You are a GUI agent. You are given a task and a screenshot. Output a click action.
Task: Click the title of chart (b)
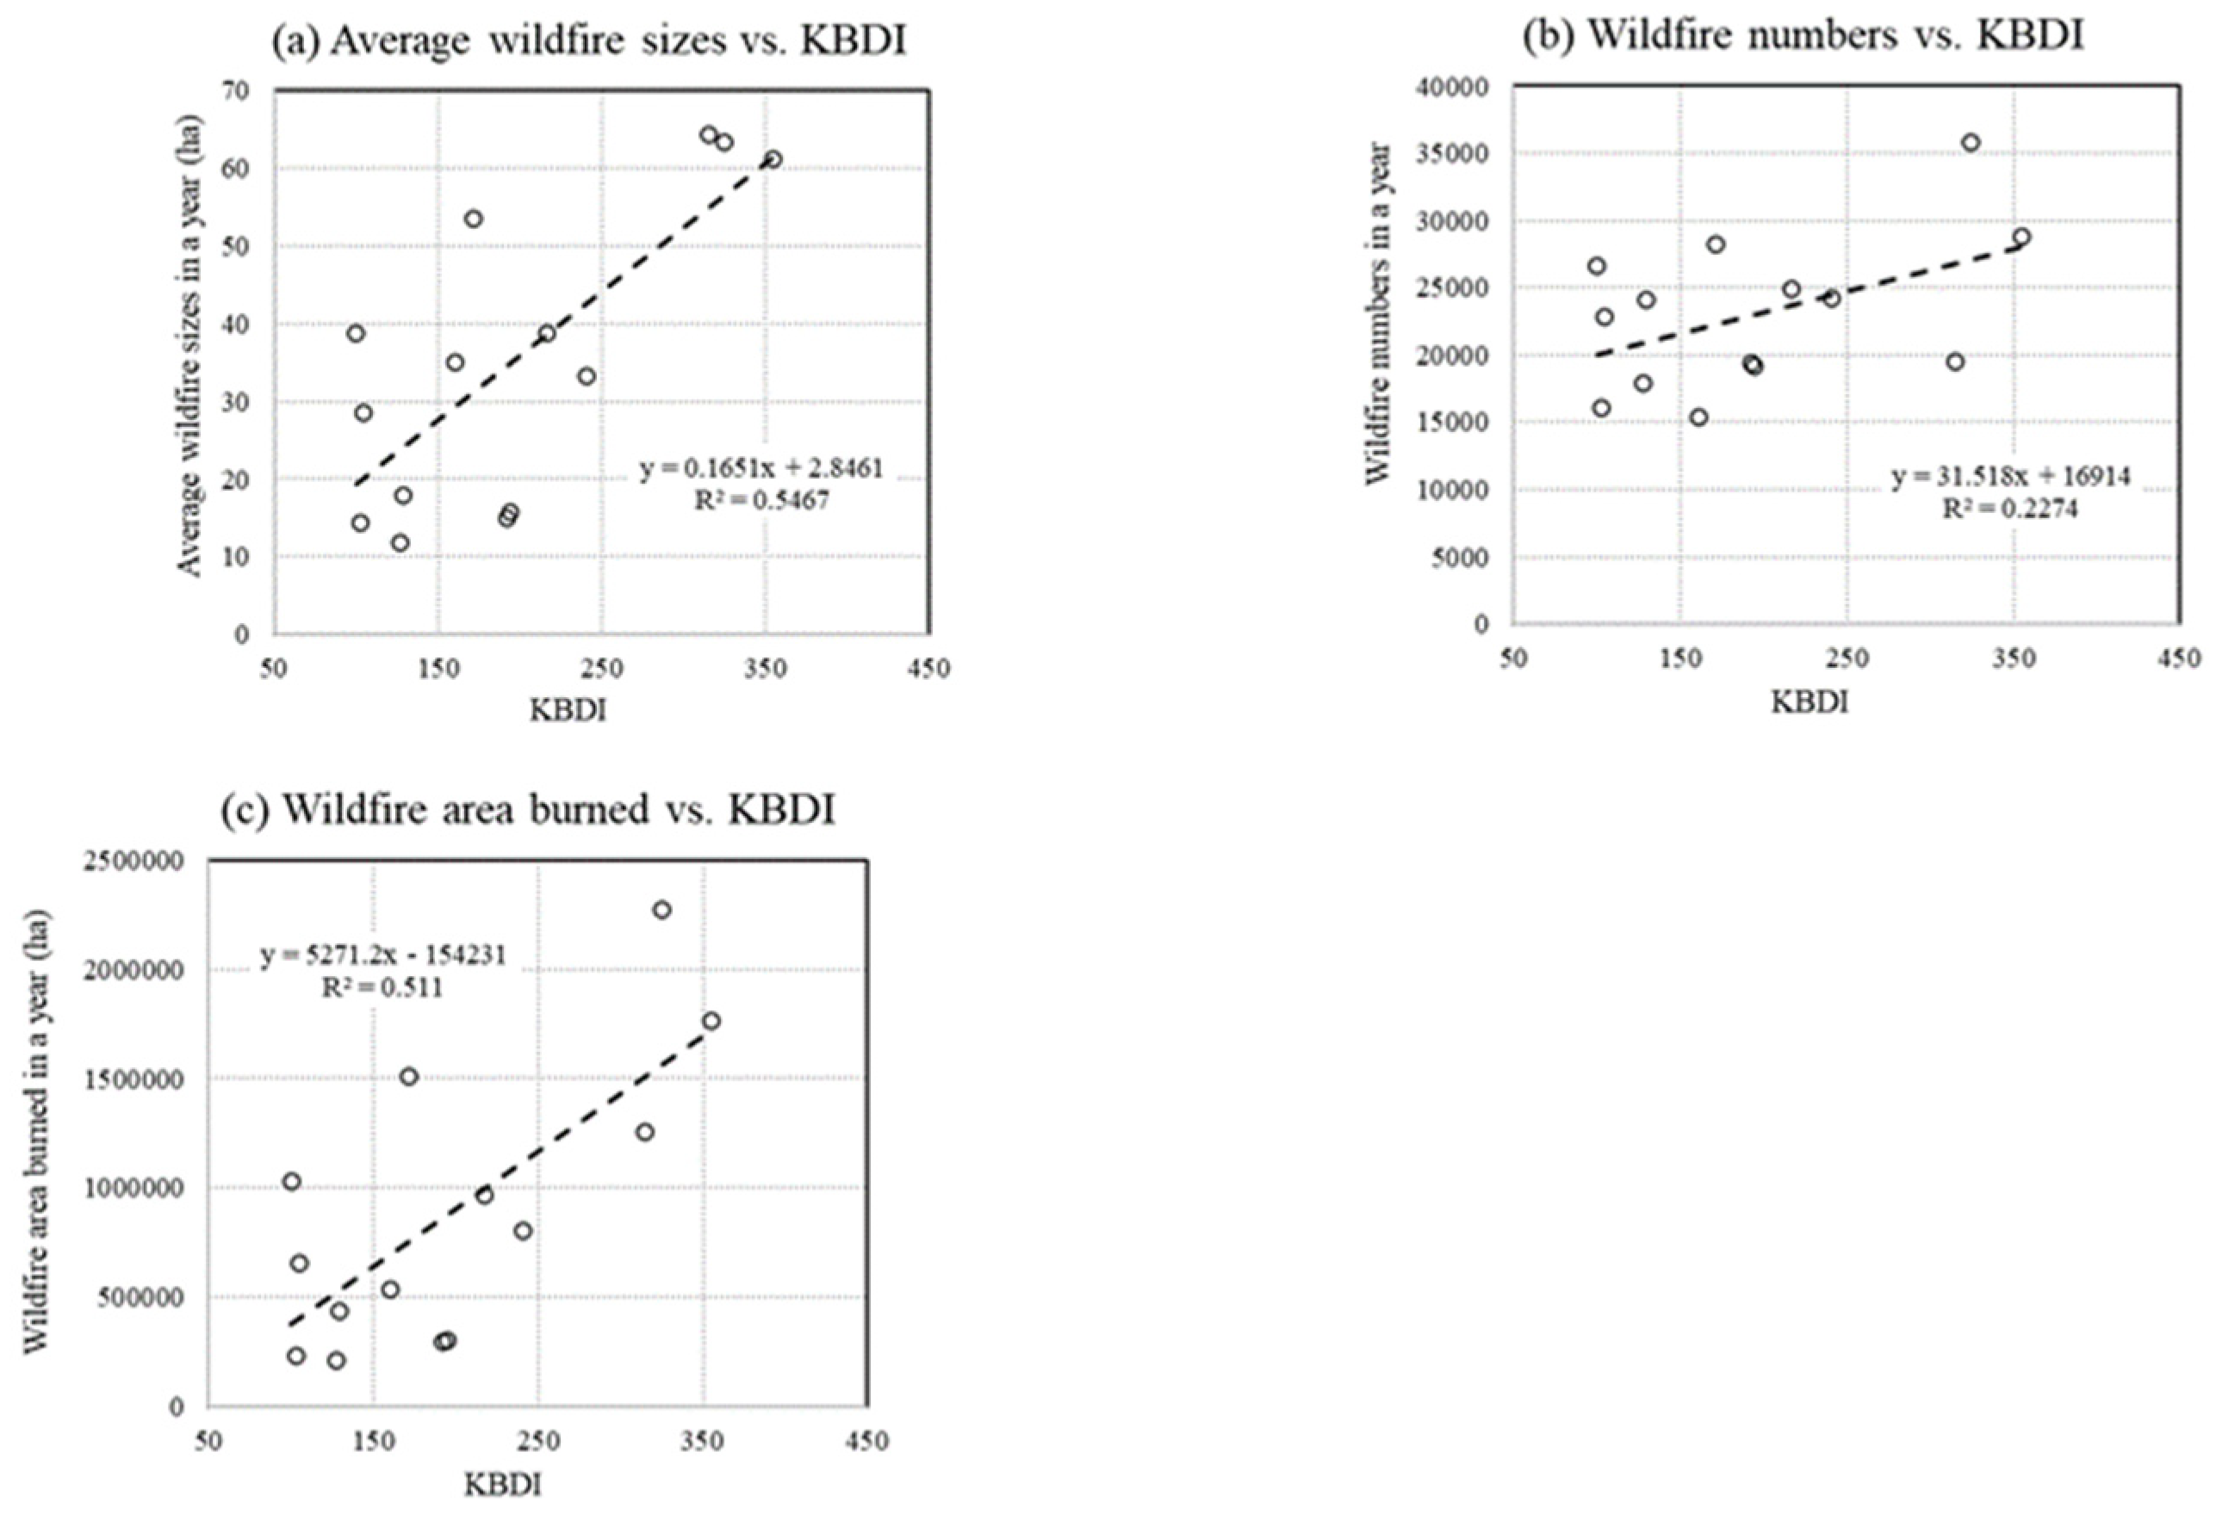tap(1803, 35)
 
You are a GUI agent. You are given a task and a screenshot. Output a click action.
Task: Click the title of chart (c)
tap(528, 810)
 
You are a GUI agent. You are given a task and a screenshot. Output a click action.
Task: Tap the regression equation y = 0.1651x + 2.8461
tap(761, 468)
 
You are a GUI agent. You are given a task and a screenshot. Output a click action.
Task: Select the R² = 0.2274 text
tap(2010, 510)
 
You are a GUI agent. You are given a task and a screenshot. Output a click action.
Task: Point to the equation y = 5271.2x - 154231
tap(382, 955)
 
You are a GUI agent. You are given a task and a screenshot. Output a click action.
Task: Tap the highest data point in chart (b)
tap(1971, 142)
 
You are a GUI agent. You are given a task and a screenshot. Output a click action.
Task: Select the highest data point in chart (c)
tap(661, 910)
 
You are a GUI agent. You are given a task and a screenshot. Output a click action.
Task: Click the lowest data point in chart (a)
tap(400, 543)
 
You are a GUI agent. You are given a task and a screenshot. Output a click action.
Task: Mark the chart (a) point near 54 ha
tap(474, 219)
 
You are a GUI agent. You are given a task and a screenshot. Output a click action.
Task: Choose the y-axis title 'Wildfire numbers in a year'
tap(1377, 313)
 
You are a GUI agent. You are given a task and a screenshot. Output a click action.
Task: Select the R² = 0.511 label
tap(382, 987)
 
